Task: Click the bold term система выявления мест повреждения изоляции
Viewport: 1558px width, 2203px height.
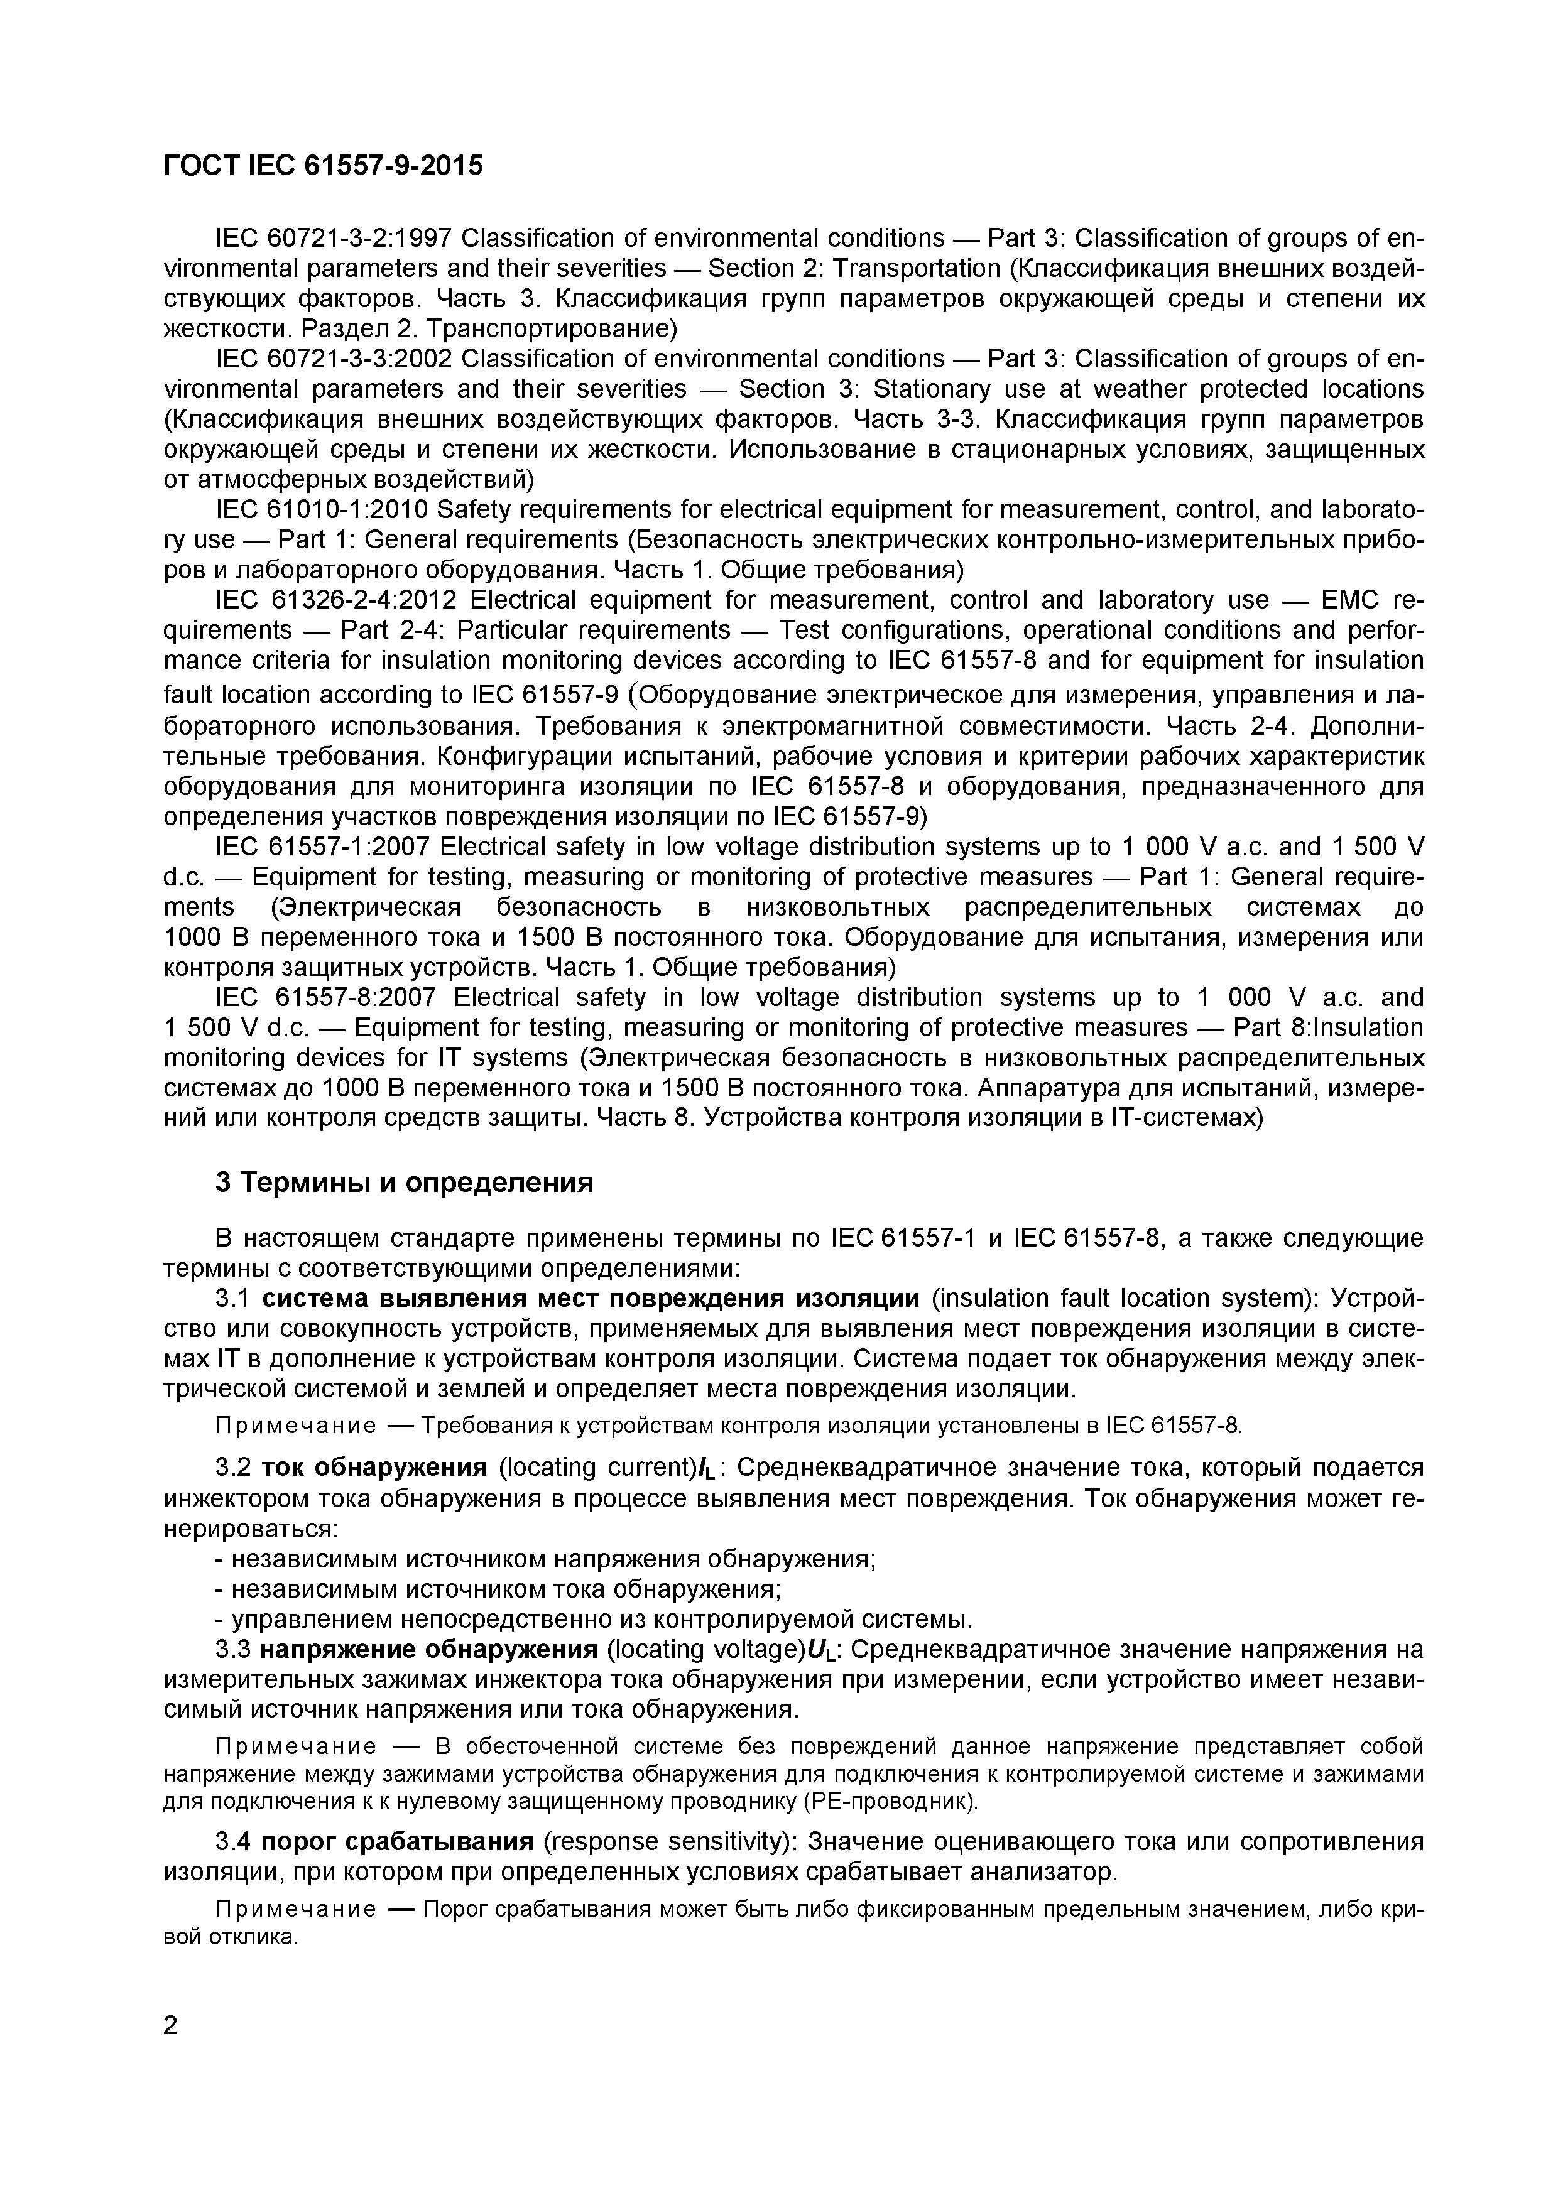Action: (x=591, y=1299)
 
